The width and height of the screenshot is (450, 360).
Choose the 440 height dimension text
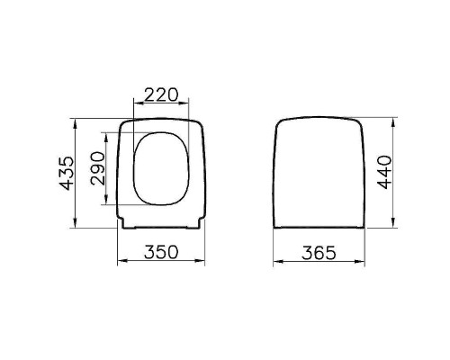click(x=385, y=171)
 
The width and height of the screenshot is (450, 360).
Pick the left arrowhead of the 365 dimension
click(x=275, y=263)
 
